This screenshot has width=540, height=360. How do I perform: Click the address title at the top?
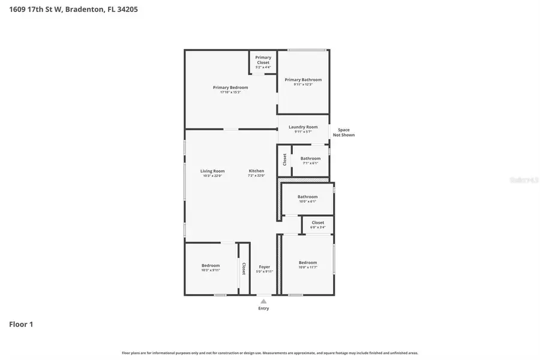coord(74,10)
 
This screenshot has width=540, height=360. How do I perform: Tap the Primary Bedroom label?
coord(230,88)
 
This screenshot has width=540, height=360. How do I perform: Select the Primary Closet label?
coord(263,60)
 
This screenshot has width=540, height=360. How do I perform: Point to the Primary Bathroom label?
coord(303,80)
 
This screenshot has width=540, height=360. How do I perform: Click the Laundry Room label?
coord(303,127)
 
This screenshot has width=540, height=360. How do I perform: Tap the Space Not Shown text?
coord(344,133)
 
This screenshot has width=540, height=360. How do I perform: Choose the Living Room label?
coord(212,171)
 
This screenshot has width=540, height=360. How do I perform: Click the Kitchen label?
coord(256,171)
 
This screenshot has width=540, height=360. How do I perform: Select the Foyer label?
coord(264,267)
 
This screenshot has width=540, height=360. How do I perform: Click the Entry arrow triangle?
coord(263,301)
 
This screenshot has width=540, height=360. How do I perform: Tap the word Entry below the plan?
coord(263,308)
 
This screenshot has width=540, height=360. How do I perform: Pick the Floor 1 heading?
coord(21,325)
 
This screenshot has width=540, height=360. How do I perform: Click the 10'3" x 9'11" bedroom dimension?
coord(211,271)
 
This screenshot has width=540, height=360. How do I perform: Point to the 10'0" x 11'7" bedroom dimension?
coord(308,268)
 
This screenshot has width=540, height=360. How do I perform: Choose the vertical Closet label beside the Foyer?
coord(244,268)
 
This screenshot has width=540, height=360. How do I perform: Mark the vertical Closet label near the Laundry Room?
coord(284,160)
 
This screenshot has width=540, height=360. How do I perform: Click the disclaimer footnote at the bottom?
coord(270,353)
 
